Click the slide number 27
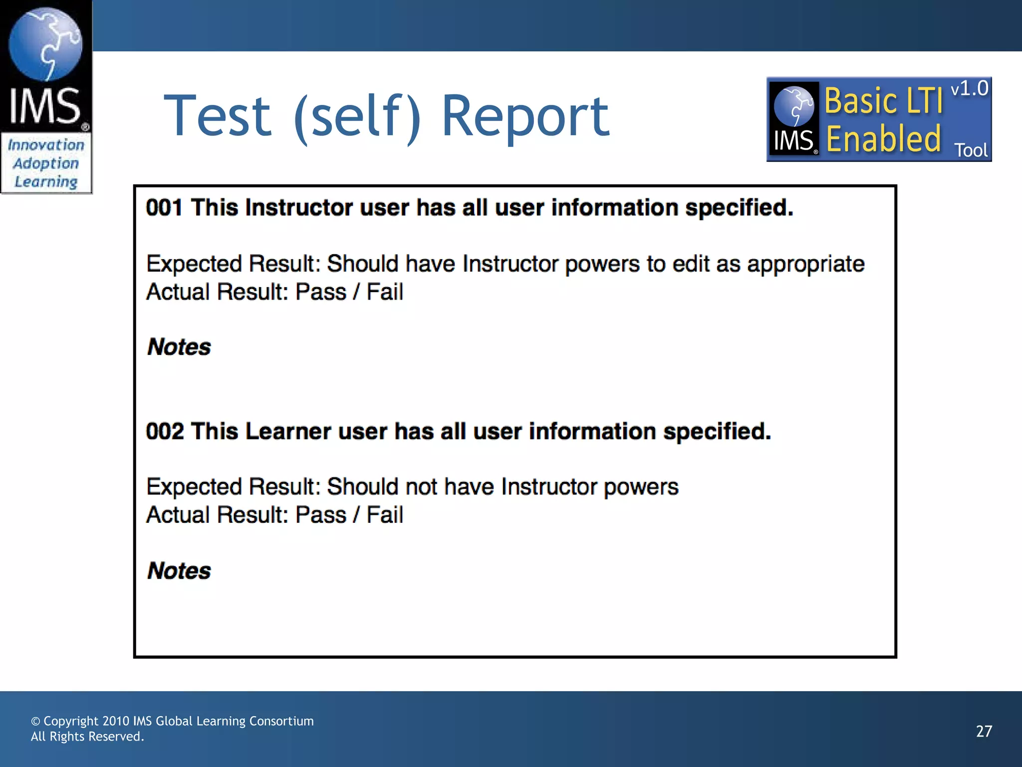pos(984,732)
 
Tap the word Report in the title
pos(525,116)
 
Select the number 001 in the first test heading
pos(164,208)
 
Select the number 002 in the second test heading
pos(164,431)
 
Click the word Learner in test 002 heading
pos(288,431)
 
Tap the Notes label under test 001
pos(179,347)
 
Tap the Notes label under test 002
pos(179,571)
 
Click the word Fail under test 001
pos(385,292)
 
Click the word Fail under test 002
pos(385,515)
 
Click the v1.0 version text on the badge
pos(969,89)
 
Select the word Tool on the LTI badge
pos(971,150)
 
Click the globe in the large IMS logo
pos(45,44)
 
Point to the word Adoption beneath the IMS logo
pos(46,163)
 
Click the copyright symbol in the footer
pos(35,722)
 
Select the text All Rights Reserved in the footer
pos(87,737)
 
